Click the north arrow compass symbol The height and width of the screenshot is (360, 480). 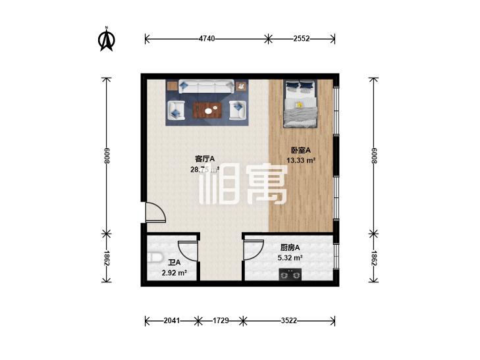(105, 40)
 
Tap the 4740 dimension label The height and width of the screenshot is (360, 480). (207, 39)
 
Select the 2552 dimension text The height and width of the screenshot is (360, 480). (302, 39)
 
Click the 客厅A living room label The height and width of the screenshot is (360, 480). (205, 159)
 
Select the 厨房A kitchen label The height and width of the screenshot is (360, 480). (290, 247)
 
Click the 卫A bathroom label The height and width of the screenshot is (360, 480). (174, 262)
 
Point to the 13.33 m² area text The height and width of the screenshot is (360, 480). (301, 160)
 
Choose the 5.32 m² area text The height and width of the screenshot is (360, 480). (290, 258)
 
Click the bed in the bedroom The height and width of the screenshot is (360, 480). (300, 103)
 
